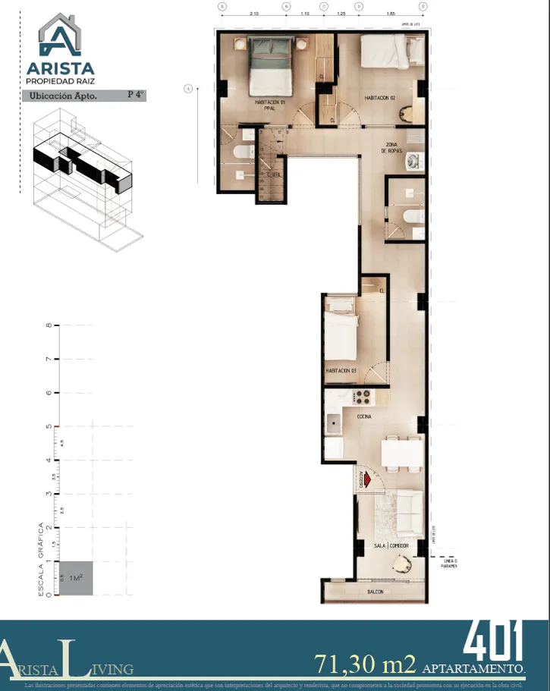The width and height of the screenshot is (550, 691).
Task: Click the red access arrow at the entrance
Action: (367, 479)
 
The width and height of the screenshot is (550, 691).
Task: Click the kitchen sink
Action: (334, 422)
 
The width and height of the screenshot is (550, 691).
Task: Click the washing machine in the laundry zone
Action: (413, 161)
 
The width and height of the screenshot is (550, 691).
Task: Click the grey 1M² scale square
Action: (77, 578)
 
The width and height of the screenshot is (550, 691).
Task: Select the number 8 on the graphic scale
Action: (49, 326)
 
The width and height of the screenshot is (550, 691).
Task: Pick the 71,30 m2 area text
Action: (366, 664)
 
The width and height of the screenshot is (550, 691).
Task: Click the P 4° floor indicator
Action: (135, 95)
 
